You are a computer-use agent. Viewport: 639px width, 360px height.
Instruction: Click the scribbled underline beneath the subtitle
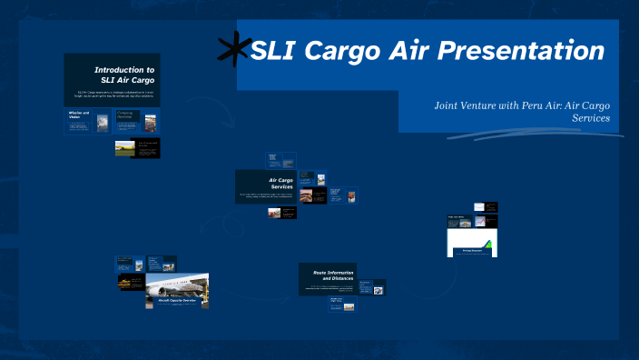[536, 134]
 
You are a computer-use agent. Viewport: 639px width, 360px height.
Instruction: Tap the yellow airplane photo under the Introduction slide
[123, 147]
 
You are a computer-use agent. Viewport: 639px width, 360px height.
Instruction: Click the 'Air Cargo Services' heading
[274, 184]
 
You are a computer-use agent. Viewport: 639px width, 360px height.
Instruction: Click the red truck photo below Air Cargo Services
[275, 213]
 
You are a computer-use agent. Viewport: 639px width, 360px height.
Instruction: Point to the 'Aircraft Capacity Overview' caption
[178, 303]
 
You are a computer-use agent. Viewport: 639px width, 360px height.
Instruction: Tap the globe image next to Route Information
[378, 290]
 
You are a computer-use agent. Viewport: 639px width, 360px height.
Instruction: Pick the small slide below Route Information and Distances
[342, 305]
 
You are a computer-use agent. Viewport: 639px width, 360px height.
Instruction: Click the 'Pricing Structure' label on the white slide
[472, 250]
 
